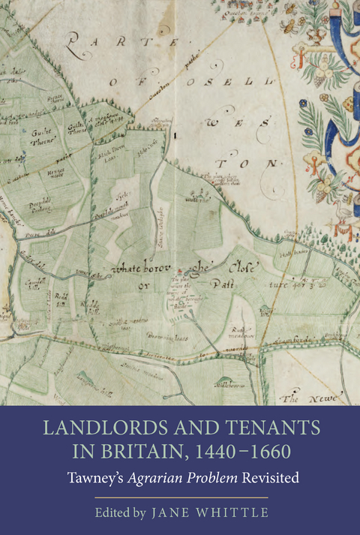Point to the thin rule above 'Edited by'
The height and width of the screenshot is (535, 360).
(x=180, y=496)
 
